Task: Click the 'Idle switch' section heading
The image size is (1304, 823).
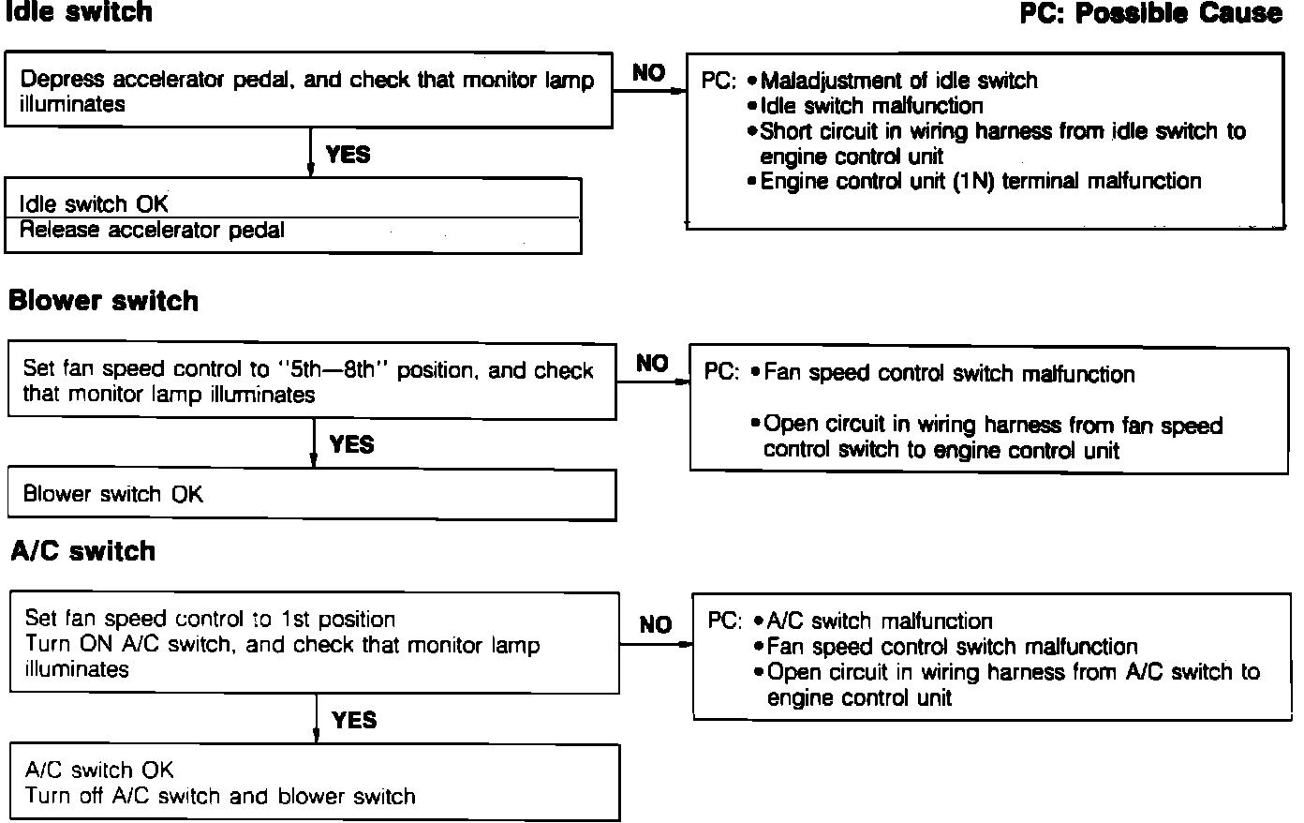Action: click(79, 12)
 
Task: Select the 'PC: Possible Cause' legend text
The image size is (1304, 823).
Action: click(1151, 13)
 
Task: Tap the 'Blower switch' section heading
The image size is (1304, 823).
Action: click(103, 301)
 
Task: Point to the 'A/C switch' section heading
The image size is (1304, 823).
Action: click(83, 550)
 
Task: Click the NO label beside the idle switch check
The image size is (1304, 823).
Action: click(648, 73)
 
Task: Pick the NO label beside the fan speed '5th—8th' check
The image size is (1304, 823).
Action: click(652, 363)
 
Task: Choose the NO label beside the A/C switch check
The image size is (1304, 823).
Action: click(656, 624)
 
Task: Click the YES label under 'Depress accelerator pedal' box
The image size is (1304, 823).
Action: click(348, 155)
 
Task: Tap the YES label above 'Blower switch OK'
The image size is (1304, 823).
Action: click(351, 444)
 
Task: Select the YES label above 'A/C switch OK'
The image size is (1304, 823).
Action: click(354, 720)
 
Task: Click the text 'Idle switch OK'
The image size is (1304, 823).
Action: click(94, 203)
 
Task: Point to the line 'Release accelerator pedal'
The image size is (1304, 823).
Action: click(152, 230)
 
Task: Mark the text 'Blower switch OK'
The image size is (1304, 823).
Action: click(112, 494)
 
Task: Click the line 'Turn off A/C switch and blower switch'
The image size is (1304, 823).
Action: click(220, 796)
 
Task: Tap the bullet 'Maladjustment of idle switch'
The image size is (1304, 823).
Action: click(898, 81)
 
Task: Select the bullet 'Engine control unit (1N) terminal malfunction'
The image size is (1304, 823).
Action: click(980, 181)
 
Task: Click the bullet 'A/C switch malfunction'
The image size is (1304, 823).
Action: click(879, 621)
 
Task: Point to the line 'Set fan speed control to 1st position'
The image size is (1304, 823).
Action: click(210, 619)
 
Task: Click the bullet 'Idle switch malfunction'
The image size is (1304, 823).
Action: click(871, 106)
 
